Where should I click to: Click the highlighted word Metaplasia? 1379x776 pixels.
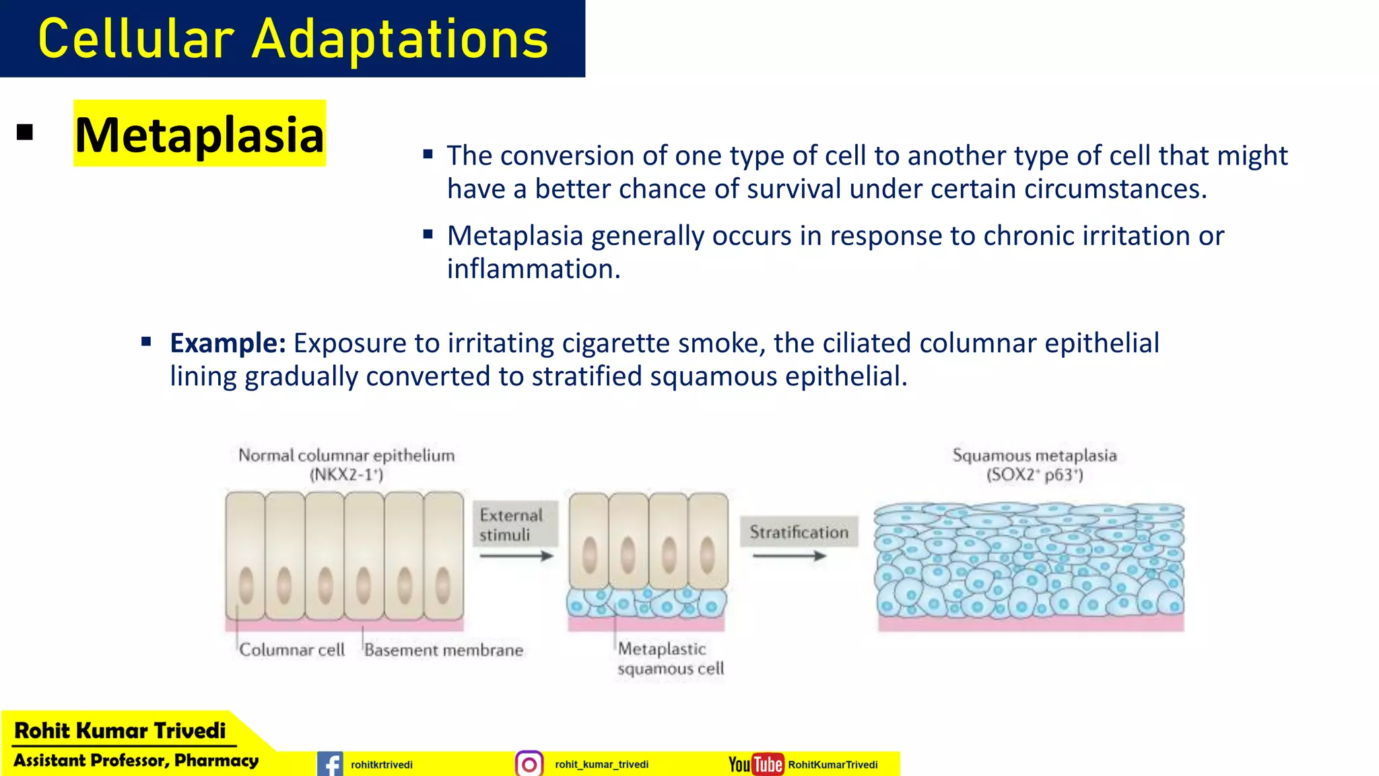pyautogui.click(x=199, y=135)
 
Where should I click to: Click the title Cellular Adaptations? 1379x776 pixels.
pyautogui.click(x=293, y=39)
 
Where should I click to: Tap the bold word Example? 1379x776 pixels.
pyautogui.click(x=228, y=343)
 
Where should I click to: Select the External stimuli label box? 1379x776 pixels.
pyautogui.click(x=515, y=525)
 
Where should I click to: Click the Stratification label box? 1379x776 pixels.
pyautogui.click(x=799, y=532)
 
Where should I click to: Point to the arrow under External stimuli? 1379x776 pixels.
pyautogui.click(x=516, y=556)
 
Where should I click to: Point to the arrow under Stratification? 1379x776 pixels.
pyautogui.click(x=789, y=556)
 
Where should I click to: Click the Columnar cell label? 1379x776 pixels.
pyautogui.click(x=292, y=650)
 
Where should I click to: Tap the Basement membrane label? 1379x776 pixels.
pyautogui.click(x=444, y=650)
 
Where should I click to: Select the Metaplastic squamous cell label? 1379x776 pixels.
pyautogui.click(x=670, y=659)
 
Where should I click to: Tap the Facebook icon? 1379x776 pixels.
pyautogui.click(x=330, y=765)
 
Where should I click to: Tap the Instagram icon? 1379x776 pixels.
pyautogui.click(x=529, y=765)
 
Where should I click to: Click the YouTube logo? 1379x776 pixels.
pyautogui.click(x=756, y=765)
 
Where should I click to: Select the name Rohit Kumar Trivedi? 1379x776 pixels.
pyautogui.click(x=120, y=731)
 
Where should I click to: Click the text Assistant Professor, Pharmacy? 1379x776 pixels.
pyautogui.click(x=136, y=761)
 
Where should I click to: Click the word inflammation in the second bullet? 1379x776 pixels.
pyautogui.click(x=533, y=269)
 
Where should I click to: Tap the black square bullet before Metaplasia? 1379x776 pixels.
pyautogui.click(x=25, y=133)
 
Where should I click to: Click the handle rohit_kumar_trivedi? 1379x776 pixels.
pyautogui.click(x=601, y=765)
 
